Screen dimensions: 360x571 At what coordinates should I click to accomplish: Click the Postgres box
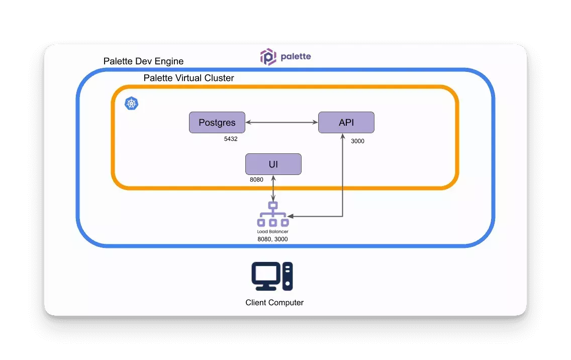[217, 123]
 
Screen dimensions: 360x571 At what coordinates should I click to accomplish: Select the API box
[346, 123]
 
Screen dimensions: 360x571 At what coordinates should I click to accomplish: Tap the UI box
[273, 164]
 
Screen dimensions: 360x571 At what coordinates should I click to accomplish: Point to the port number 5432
[231, 139]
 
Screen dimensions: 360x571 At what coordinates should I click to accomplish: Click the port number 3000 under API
[357, 141]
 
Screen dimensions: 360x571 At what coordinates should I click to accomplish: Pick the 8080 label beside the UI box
[256, 179]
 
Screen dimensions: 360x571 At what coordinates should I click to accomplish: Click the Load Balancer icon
[273, 215]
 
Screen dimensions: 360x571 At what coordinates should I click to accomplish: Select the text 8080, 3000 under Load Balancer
[272, 239]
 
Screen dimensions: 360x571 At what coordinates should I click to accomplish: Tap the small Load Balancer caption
[273, 232]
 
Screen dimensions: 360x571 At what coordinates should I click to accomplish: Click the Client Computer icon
[272, 276]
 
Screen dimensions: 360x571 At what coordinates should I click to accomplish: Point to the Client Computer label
[274, 303]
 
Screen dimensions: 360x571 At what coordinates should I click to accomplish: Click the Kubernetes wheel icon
[132, 104]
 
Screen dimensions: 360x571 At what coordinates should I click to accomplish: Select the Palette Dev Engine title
[143, 61]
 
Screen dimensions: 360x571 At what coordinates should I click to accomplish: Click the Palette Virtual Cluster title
[188, 78]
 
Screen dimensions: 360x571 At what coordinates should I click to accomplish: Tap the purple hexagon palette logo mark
[268, 57]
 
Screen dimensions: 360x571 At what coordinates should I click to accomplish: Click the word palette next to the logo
[296, 56]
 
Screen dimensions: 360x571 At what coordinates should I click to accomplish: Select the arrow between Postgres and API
[281, 122]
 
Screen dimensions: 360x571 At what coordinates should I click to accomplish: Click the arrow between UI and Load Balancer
[273, 189]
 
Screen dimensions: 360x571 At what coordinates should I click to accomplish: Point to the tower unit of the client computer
[288, 276]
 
